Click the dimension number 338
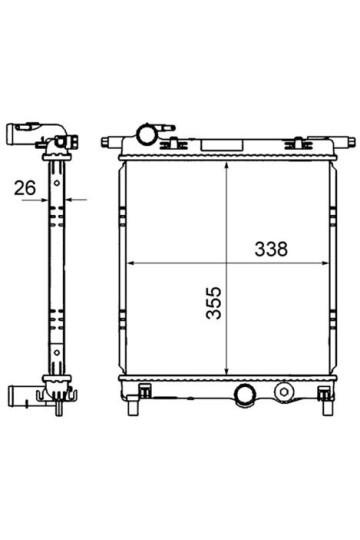271,249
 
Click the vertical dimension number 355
214,303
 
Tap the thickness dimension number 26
25,188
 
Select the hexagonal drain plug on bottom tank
284,392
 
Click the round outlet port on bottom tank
244,395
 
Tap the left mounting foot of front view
133,406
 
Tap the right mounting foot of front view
327,406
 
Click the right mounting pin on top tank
345,142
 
